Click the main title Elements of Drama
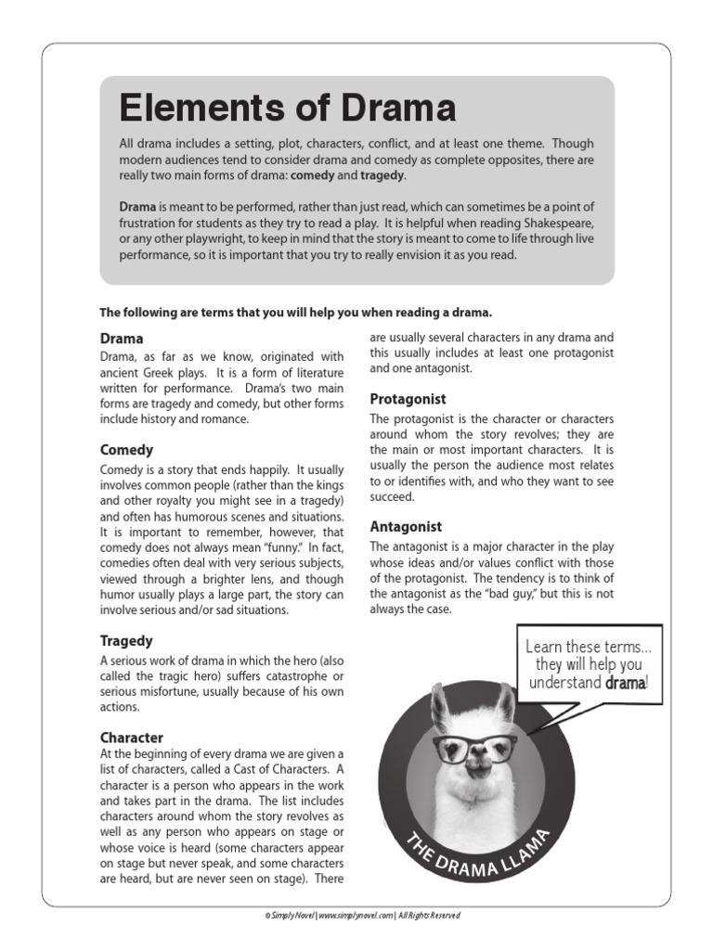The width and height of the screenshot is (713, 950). click(x=288, y=109)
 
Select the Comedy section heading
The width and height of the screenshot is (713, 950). click(x=126, y=450)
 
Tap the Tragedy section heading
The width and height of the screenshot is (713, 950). click(x=126, y=641)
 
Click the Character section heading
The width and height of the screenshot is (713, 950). click(x=132, y=738)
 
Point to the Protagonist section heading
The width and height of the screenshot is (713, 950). click(x=408, y=399)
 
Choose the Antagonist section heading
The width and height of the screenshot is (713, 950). click(x=406, y=526)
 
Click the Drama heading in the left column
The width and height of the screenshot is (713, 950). click(x=121, y=339)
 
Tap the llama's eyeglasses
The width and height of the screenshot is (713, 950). click(x=474, y=746)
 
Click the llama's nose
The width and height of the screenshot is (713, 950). click(x=477, y=765)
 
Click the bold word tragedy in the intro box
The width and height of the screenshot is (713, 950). click(x=382, y=175)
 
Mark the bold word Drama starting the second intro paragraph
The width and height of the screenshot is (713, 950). click(x=137, y=206)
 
